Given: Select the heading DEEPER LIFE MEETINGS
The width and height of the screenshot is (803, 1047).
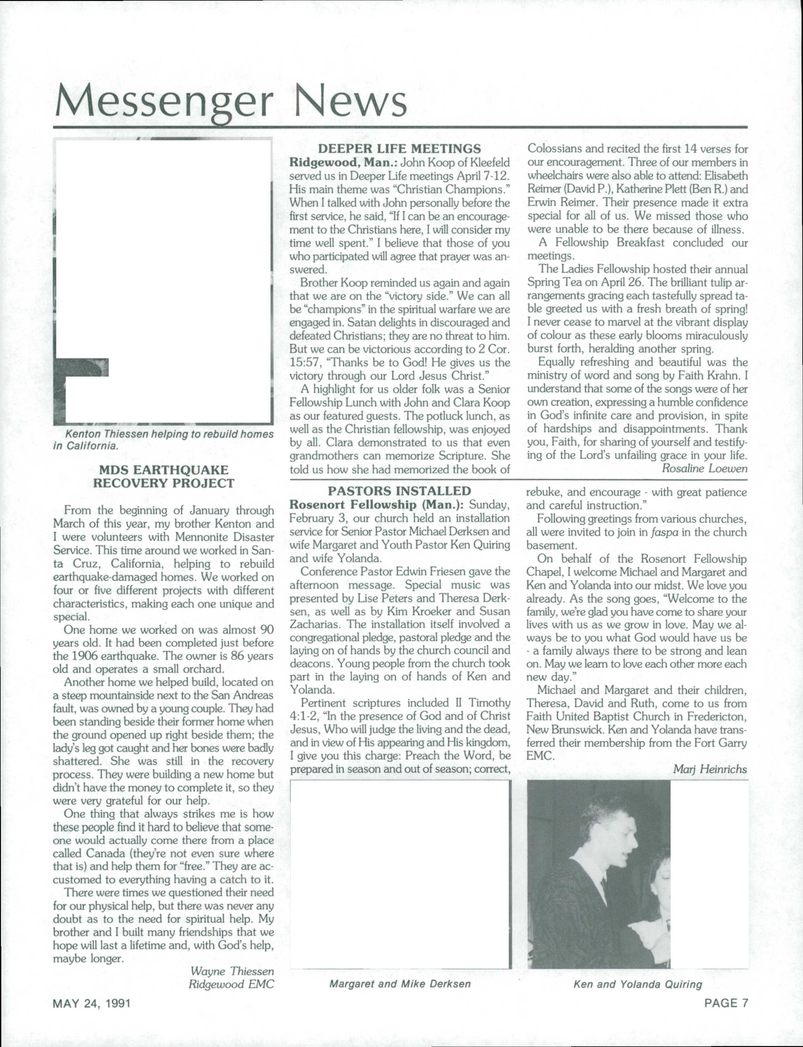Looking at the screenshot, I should tap(399, 148).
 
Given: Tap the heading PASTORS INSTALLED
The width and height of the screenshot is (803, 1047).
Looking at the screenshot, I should tap(399, 491).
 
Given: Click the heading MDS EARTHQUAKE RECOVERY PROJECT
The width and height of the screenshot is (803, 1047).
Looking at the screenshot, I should tap(163, 476).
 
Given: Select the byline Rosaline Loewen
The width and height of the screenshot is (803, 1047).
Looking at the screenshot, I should tap(704, 468).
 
